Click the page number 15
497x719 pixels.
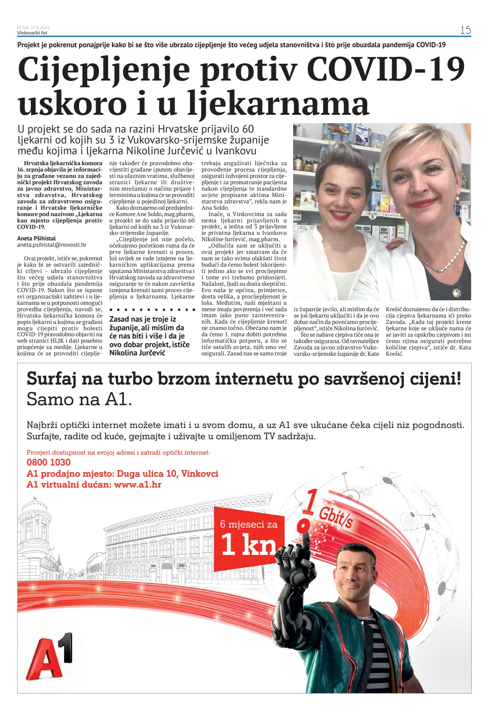coord(465,30)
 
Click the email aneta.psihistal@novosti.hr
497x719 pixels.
coord(52,245)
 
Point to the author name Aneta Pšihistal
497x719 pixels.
coord(36,238)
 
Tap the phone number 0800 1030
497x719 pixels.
coord(49,462)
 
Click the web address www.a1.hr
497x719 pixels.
coord(138,485)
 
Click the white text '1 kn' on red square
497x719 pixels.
coord(248,546)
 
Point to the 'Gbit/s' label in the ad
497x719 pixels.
coord(335,518)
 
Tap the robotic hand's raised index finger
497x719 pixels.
coord(307,536)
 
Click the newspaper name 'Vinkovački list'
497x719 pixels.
coord(32,33)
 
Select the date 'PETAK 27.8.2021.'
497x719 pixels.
coord(34,28)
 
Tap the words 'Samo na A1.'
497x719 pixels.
coord(79,400)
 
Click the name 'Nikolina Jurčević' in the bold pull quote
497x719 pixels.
coord(137,353)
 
